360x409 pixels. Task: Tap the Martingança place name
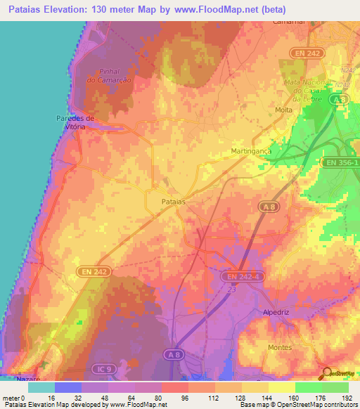coord(251,152)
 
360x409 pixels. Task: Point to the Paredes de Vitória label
coord(71,122)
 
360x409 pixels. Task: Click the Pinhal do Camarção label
coord(104,76)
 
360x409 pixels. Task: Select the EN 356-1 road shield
coord(341,162)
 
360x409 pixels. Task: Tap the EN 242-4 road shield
coord(245,276)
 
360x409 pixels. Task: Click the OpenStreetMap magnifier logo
coord(327,373)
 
